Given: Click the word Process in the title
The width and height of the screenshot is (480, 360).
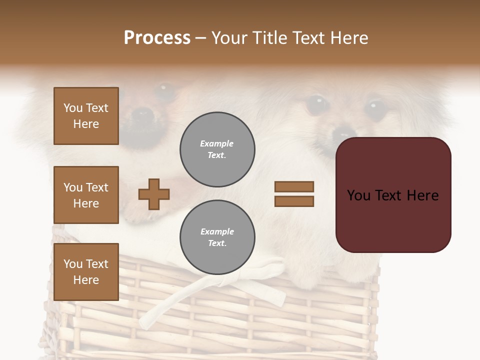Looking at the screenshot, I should [x=157, y=38].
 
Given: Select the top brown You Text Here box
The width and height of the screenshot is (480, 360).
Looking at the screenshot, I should [x=86, y=116].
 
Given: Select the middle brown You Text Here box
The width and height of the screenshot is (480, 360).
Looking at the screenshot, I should [x=86, y=195].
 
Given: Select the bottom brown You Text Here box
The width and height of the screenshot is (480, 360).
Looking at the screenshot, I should [x=86, y=271].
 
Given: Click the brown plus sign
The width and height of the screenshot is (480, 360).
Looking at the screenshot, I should [x=154, y=193].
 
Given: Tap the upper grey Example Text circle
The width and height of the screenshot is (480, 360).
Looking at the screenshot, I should [x=217, y=149].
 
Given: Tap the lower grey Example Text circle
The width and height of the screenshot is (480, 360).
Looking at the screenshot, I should [x=217, y=237].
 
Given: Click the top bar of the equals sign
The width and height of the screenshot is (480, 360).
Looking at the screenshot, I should [x=294, y=186].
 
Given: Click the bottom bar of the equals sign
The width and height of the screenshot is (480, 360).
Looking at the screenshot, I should [x=294, y=201].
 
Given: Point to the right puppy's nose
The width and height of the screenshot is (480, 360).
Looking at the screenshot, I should [x=343, y=133].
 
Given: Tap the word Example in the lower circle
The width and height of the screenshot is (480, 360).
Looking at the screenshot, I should [x=217, y=231].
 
